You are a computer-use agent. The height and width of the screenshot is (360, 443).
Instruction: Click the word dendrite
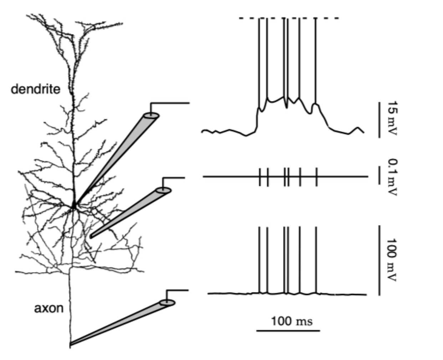(x=35, y=89)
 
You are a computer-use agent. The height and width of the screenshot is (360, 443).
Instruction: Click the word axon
(x=49, y=308)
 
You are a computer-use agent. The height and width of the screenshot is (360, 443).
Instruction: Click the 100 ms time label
(x=292, y=321)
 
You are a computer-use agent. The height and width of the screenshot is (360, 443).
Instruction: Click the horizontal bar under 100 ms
(x=288, y=330)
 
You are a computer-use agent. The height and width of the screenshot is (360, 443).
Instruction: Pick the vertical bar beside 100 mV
(x=379, y=260)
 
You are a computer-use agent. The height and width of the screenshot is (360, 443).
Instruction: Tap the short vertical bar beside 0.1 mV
(x=379, y=177)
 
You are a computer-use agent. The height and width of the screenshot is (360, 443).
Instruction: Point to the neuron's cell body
(x=73, y=206)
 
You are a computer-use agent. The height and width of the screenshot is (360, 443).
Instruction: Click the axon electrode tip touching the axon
(x=71, y=344)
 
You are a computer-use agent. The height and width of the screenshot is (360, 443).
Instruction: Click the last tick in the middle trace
(x=316, y=177)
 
